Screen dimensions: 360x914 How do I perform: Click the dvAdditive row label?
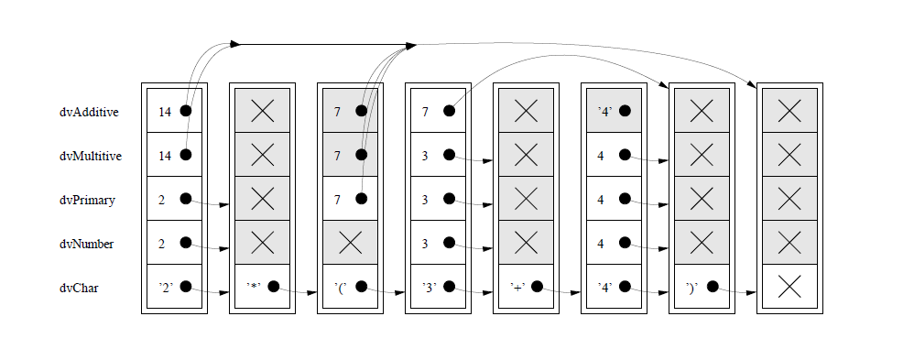[90, 112]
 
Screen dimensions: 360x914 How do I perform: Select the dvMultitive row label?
[91, 156]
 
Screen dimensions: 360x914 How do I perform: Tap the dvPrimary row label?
[87, 200]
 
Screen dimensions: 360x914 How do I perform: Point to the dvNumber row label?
[88, 244]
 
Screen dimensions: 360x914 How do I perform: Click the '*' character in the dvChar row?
[254, 287]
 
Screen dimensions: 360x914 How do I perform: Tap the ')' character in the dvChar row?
[693, 287]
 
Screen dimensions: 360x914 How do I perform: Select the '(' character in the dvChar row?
[341, 287]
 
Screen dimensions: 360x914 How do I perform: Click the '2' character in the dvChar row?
[166, 287]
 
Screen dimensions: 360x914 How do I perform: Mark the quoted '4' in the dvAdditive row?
[604, 111]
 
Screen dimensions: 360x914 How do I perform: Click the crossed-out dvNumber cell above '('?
[350, 243]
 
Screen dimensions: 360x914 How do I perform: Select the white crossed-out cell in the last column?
[789, 287]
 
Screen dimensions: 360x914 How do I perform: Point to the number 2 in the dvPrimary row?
[162, 199]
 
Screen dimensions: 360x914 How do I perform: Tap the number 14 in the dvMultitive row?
[165, 155]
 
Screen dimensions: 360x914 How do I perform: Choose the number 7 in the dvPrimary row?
[338, 199]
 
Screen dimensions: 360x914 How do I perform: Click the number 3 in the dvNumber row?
[426, 243]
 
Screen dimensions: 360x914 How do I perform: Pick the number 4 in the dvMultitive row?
[601, 155]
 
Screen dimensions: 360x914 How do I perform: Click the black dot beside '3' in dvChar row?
[449, 287]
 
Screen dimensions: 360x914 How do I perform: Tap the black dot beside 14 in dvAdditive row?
[186, 111]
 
